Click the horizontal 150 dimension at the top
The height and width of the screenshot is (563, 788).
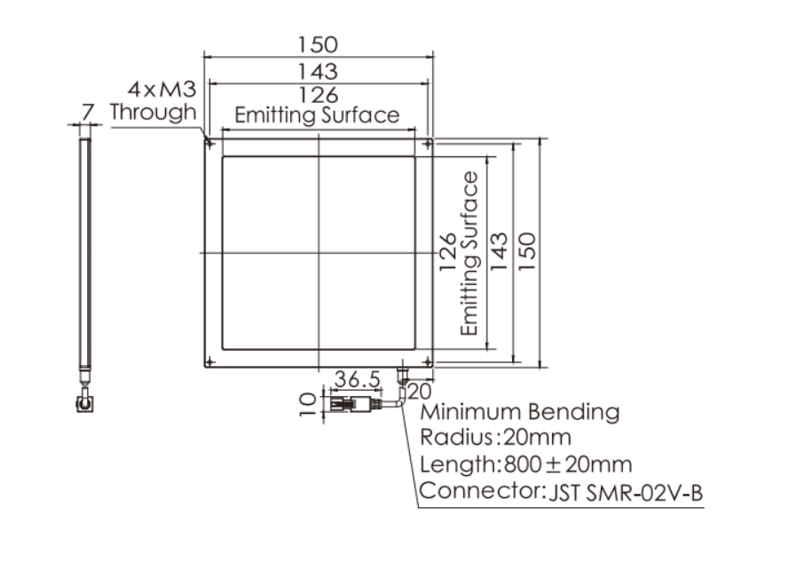click(318, 44)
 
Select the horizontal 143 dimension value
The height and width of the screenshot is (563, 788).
click(318, 71)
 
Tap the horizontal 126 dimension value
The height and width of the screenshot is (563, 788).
click(319, 95)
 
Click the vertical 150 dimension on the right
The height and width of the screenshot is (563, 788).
click(527, 251)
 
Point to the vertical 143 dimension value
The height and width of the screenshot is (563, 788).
click(499, 251)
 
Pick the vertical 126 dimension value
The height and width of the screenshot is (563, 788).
click(448, 252)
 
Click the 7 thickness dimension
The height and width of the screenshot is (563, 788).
click(88, 112)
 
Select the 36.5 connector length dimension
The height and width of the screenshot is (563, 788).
click(358, 379)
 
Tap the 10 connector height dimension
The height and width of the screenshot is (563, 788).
click(308, 405)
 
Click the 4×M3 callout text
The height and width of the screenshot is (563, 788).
click(162, 90)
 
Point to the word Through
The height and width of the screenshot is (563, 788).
click(154, 112)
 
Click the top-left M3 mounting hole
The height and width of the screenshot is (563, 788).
click(210, 145)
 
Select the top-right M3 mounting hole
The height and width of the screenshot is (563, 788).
click(428, 145)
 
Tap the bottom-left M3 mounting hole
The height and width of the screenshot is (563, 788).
click(210, 361)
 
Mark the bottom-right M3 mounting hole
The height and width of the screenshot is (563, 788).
click(428, 361)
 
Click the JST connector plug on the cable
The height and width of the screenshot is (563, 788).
click(352, 403)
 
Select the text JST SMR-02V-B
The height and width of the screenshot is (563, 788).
click(626, 493)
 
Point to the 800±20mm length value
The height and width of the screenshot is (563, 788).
click(568, 464)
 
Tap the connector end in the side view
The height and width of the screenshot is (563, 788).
click(84, 403)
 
